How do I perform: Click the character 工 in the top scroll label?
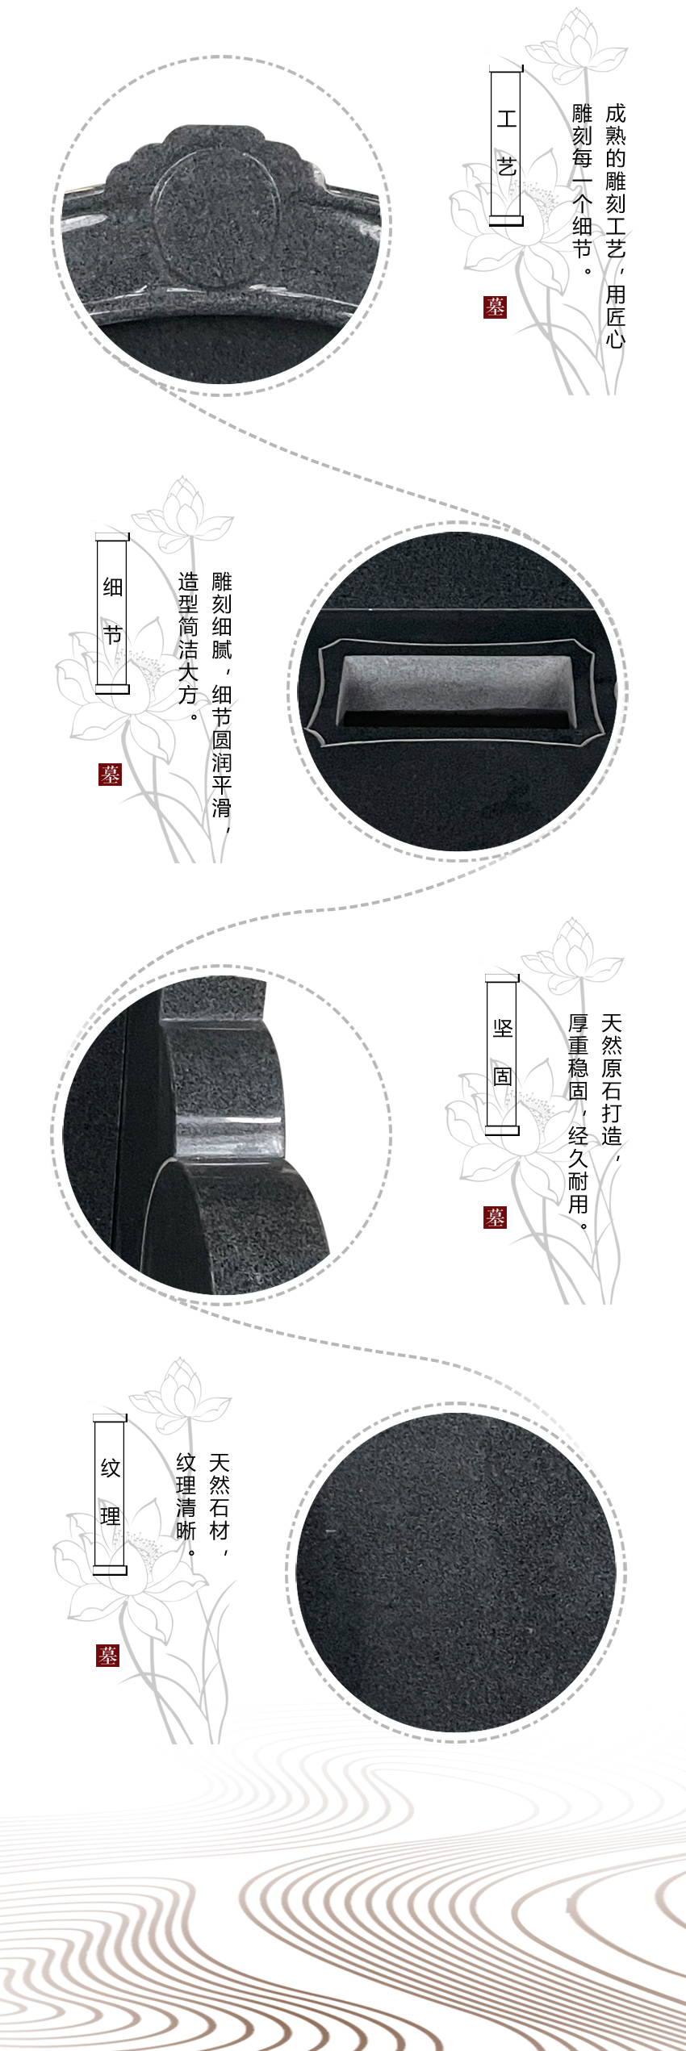click(x=506, y=119)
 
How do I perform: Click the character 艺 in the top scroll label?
click(x=506, y=168)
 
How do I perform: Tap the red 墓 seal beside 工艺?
click(x=495, y=307)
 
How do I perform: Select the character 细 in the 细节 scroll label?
click(x=112, y=587)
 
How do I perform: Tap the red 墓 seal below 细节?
click(x=110, y=774)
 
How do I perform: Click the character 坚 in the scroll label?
click(x=502, y=1028)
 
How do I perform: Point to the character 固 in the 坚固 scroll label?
click(x=502, y=1076)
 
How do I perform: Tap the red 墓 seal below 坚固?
click(x=495, y=1218)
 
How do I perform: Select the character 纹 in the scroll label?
click(x=111, y=1468)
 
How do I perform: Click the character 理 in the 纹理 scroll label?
click(x=111, y=1517)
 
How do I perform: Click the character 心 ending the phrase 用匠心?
click(x=615, y=337)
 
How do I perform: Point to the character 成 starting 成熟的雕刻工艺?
click(x=615, y=114)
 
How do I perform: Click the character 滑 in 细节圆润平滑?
click(x=221, y=807)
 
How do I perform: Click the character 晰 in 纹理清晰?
click(x=186, y=1530)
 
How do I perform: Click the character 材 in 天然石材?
click(x=220, y=1530)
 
